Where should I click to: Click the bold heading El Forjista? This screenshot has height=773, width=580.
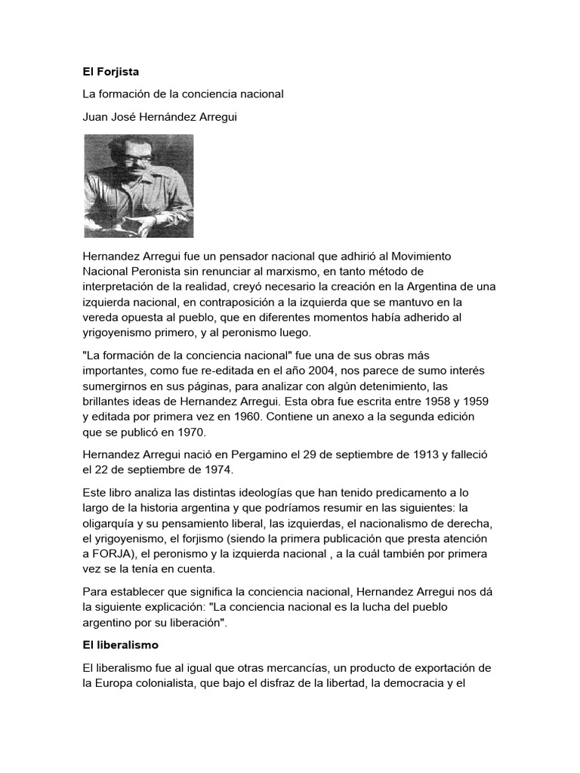click(x=111, y=72)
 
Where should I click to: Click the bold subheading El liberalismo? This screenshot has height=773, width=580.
click(x=120, y=647)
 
